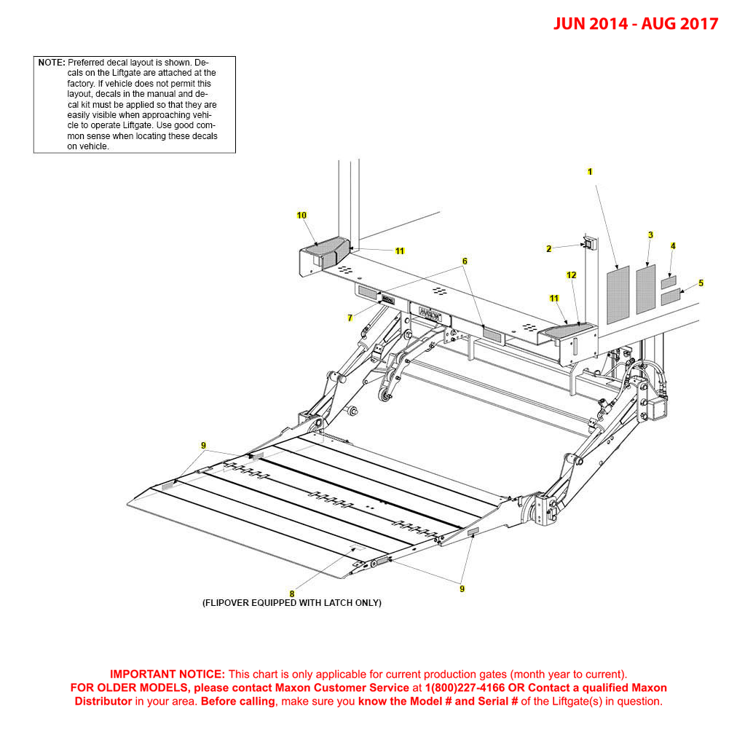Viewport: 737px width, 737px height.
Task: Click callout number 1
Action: point(590,172)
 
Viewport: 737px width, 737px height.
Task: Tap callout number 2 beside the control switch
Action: point(549,249)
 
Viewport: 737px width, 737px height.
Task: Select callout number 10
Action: point(301,216)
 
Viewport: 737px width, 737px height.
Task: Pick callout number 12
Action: point(572,275)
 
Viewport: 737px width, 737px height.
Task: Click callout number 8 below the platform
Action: point(292,594)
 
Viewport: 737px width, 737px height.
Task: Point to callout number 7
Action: point(350,318)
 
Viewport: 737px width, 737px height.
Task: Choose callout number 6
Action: point(465,261)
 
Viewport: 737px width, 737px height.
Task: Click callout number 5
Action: point(701,283)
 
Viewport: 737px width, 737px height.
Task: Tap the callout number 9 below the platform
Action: point(462,588)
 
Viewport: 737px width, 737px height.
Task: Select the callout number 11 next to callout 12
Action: point(554,299)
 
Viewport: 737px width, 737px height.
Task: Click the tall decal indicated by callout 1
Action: point(618,294)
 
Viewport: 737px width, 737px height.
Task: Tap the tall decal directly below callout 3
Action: point(646,289)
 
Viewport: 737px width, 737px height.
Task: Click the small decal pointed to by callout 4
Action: point(669,281)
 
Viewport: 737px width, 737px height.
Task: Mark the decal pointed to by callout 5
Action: point(670,297)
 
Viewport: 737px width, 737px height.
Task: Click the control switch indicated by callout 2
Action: point(590,243)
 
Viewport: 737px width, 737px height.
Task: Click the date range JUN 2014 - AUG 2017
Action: point(635,23)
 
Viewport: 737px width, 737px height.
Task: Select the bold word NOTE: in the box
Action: point(52,63)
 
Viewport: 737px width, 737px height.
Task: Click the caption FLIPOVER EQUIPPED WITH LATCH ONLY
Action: point(291,603)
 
